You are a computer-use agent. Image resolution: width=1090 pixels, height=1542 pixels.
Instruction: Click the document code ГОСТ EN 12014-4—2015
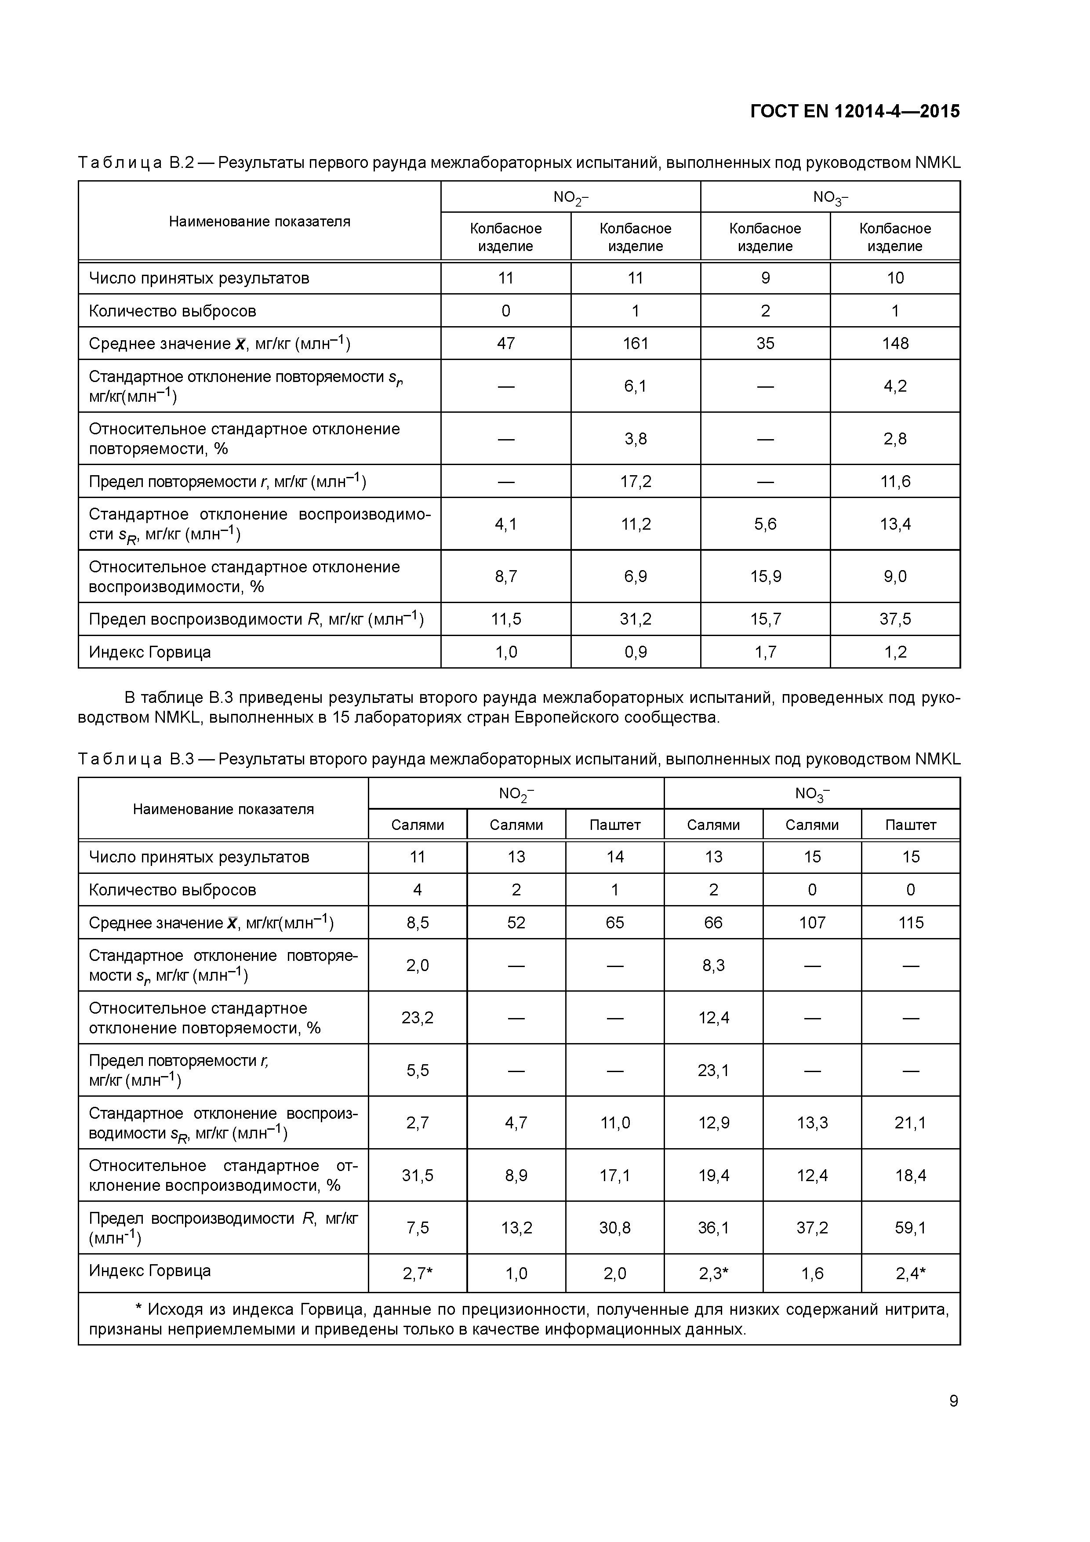[854, 112]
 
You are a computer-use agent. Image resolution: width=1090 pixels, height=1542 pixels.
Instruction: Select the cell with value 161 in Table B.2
[636, 343]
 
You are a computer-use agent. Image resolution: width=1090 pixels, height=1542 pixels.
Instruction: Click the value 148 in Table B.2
[895, 343]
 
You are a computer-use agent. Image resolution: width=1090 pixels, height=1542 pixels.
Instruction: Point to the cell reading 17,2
[636, 481]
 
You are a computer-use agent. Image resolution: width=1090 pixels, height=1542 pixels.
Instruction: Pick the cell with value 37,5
[895, 618]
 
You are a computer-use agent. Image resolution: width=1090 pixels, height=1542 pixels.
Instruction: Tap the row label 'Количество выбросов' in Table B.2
[173, 311]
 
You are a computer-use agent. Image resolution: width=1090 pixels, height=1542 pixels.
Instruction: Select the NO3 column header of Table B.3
[812, 794]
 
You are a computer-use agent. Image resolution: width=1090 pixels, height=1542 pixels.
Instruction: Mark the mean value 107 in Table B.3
[812, 923]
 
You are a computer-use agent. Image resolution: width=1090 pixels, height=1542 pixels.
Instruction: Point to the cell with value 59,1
[911, 1228]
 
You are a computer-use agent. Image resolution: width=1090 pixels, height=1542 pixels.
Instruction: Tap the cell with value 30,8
[614, 1228]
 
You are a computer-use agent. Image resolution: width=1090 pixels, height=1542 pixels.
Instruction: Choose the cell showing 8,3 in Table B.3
[713, 965]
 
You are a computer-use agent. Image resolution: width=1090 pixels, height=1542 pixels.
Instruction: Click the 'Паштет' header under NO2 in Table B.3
[614, 825]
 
